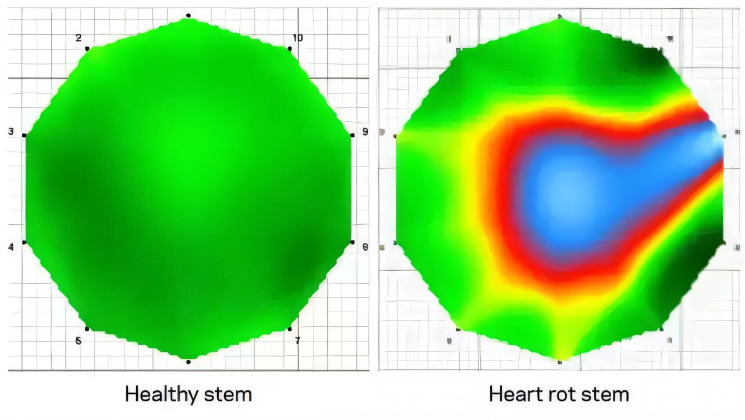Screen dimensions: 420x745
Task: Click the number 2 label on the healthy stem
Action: point(79,38)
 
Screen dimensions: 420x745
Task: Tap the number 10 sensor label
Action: point(297,38)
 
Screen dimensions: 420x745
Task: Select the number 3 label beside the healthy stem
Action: point(11,132)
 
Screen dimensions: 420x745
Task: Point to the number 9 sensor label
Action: point(365,132)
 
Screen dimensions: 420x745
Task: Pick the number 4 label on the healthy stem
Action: point(11,248)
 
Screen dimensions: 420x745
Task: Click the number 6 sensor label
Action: point(78,341)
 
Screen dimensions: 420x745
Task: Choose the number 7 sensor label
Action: point(297,340)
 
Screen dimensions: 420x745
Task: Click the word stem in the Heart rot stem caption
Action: point(606,394)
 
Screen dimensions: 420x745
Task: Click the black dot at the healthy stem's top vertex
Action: point(188,15)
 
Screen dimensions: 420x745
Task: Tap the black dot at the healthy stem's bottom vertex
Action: point(188,362)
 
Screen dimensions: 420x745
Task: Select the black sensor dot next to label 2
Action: point(87,48)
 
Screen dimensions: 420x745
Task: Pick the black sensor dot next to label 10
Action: point(289,48)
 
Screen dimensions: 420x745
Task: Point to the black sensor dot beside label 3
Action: point(24,135)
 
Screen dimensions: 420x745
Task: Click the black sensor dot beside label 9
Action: point(352,135)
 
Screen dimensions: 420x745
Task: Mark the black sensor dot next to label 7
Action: point(289,329)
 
